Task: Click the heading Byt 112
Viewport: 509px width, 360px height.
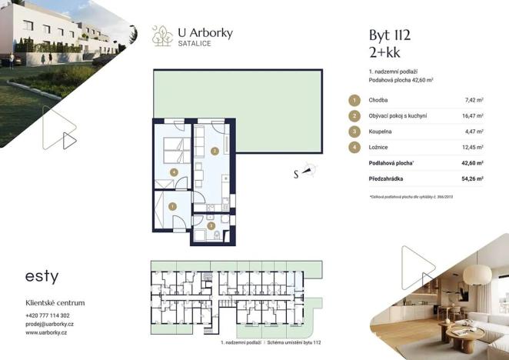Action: (x=390, y=35)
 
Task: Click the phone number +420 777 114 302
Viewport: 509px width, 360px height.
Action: (x=48, y=315)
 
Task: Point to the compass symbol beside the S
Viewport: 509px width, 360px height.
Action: (x=308, y=172)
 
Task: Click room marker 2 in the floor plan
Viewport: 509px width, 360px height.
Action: (x=215, y=152)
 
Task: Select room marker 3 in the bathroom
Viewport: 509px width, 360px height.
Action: (x=211, y=225)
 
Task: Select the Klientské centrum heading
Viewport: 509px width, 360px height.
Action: (x=55, y=303)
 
